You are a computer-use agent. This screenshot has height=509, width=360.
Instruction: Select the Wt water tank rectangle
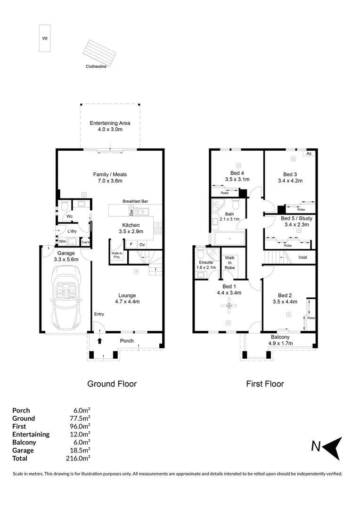point(44,37)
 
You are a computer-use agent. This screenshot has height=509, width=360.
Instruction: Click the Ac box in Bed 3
point(309,154)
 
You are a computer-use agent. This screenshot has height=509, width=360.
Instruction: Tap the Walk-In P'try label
point(117,255)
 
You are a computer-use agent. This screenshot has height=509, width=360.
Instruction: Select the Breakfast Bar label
point(136,201)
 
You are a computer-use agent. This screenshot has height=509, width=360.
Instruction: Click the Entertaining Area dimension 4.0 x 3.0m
point(110,130)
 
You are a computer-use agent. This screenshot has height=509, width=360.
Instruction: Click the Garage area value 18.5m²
point(81,450)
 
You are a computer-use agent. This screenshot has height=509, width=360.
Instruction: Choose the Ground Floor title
point(112,384)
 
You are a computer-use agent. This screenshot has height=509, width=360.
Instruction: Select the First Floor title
point(265,384)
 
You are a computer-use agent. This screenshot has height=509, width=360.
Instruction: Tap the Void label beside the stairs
point(303,257)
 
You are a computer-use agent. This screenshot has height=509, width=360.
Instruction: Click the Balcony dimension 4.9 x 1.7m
point(280,344)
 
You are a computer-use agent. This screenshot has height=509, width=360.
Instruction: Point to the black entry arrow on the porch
point(99,340)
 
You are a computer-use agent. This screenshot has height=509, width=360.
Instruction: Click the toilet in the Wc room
point(64,206)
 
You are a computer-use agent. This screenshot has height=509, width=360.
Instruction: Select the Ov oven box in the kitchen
point(142,245)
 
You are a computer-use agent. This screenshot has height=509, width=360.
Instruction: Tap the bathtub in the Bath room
point(229,238)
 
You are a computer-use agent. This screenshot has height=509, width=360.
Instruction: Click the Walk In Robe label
point(230,263)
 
